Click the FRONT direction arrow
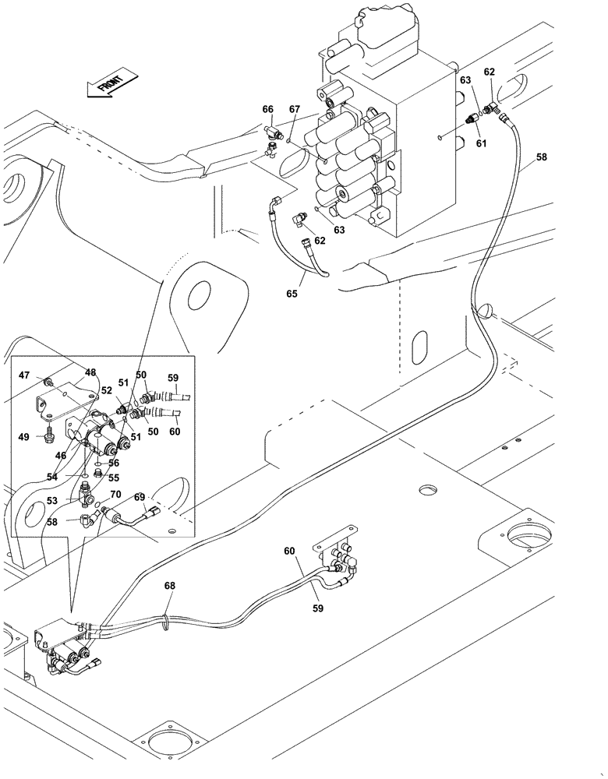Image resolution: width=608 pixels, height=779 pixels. click(x=111, y=79)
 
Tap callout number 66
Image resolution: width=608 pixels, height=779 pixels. click(x=268, y=110)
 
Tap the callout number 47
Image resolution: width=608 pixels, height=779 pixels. click(x=25, y=375)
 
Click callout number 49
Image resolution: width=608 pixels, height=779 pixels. click(x=25, y=437)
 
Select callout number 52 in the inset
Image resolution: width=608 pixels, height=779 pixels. click(x=107, y=392)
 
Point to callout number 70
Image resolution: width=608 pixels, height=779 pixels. click(x=115, y=493)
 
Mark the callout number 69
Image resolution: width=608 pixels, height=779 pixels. click(x=140, y=497)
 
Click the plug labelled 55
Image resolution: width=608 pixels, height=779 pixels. click(x=97, y=472)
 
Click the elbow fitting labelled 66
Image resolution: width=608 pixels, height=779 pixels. click(x=271, y=131)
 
